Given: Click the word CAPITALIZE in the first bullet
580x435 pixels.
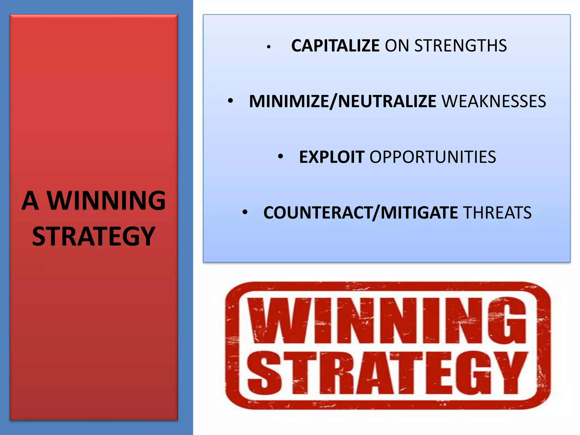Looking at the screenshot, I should coord(335,46).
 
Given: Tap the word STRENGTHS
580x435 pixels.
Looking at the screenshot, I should coord(460,46).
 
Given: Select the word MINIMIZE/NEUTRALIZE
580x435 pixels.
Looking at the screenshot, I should coord(343,101).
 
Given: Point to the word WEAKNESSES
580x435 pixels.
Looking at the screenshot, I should coord(494,101).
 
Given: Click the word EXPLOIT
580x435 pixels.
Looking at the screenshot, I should coord(332,157).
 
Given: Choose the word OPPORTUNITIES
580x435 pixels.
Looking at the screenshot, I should coord(433,157).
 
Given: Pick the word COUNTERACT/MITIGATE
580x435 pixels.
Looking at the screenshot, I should coord(361,213).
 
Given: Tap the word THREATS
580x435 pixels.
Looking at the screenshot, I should coord(497,213).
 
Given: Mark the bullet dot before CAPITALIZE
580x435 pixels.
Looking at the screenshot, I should coord(269,47).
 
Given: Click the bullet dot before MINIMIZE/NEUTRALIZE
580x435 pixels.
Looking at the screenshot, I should coord(231,101).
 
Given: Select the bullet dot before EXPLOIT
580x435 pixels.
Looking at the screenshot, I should coord(280,156).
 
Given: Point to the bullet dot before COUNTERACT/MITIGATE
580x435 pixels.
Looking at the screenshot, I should coord(245,212).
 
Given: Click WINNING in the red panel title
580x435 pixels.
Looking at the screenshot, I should coord(106,201).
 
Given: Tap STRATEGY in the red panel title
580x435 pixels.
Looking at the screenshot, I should coord(93,236).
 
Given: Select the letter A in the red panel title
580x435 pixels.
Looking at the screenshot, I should coord(30,201).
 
